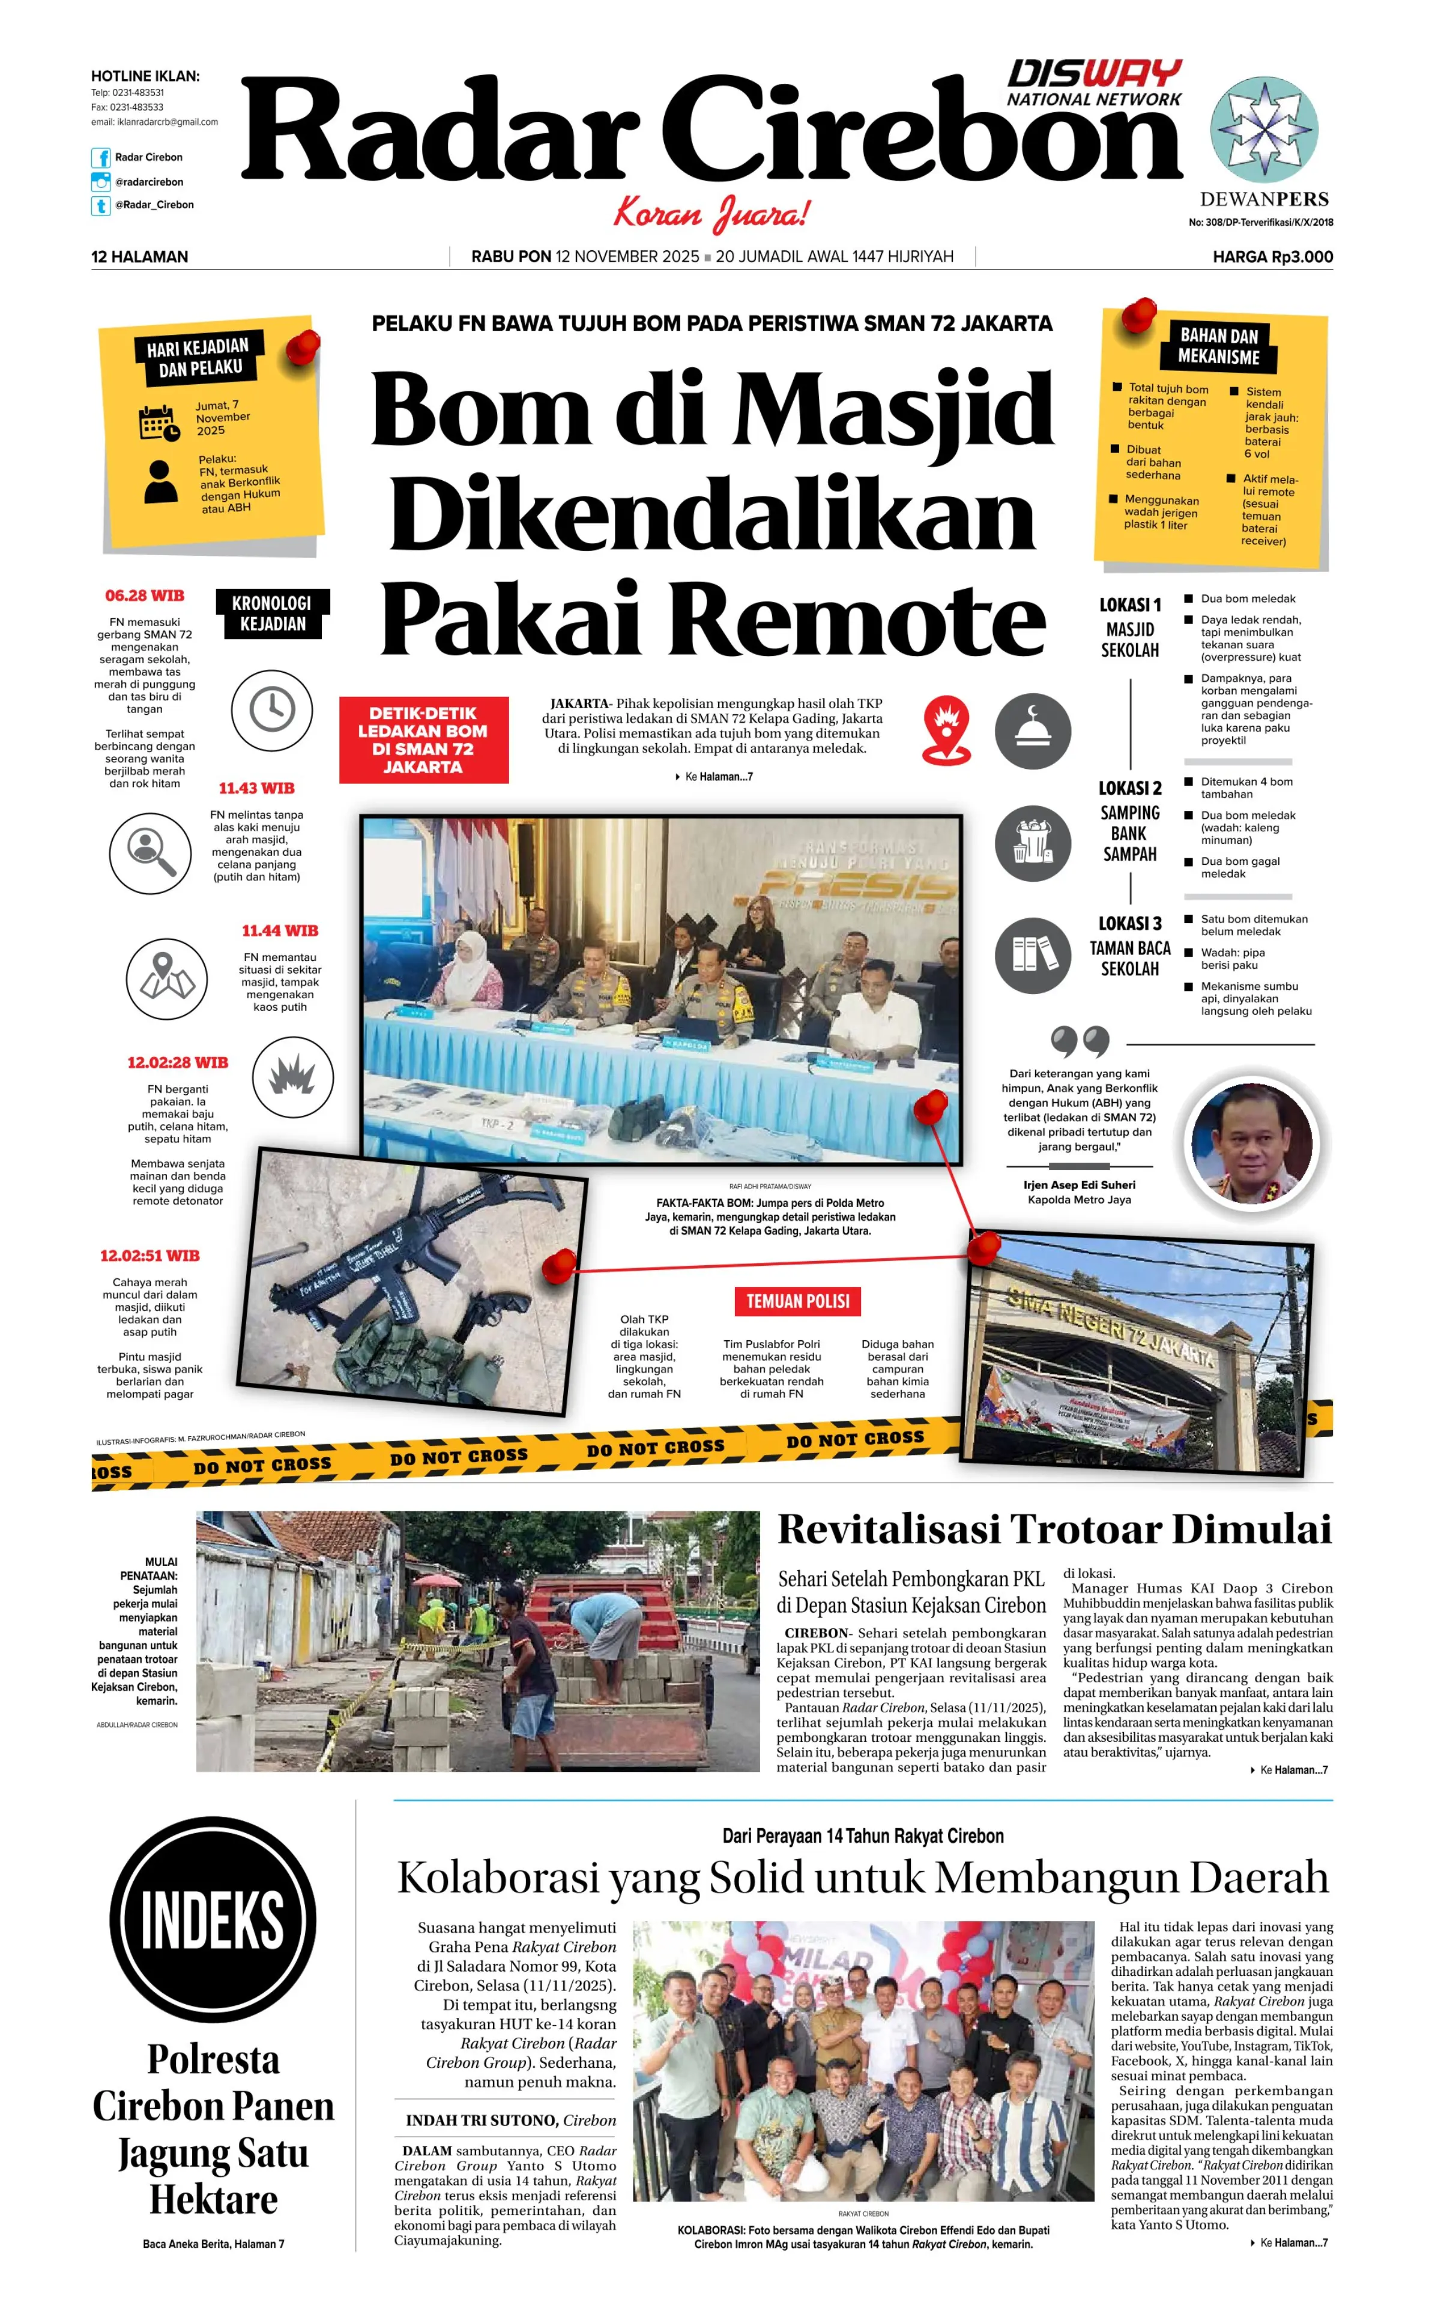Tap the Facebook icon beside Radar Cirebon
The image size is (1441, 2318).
coord(100,157)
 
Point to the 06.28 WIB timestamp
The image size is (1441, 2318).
coord(144,595)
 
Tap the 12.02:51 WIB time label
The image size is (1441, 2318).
coord(150,1256)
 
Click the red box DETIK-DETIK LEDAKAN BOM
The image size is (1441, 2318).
coord(423,739)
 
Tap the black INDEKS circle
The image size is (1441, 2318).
coord(213,1919)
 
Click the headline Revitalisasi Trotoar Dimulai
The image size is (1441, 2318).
coord(1054,1530)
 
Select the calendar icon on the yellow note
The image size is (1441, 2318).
coord(158,423)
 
